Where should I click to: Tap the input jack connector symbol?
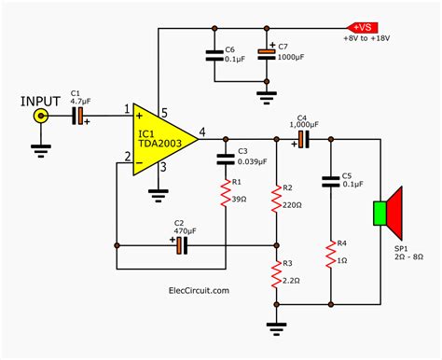pyautogui.click(x=41, y=115)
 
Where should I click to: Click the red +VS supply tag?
pyautogui.click(x=361, y=27)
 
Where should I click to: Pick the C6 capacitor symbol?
pyautogui.click(x=211, y=55)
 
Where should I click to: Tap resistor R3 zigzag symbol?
pyautogui.click(x=276, y=276)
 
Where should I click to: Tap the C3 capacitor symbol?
pyautogui.click(x=225, y=154)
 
